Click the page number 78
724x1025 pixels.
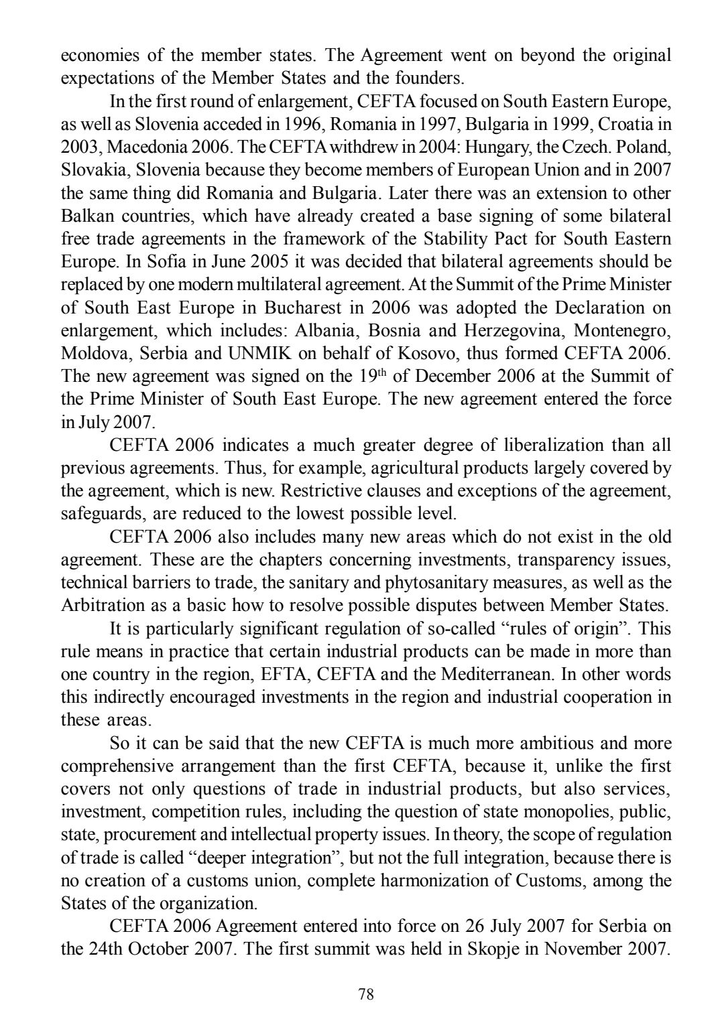366,994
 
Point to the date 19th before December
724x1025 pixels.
371,375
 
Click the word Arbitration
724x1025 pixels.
98,605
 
